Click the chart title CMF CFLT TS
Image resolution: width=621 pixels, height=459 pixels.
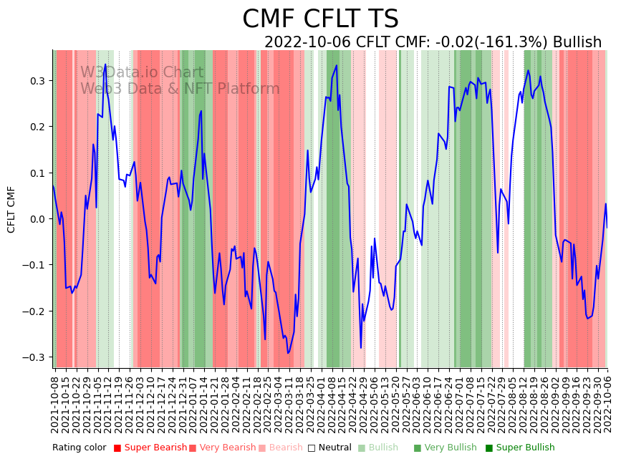(x=320, y=19)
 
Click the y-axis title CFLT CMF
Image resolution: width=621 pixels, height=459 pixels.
(x=11, y=209)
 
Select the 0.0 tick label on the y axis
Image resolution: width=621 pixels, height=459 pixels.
(x=36, y=219)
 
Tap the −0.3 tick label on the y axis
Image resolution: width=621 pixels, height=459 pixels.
(x=33, y=357)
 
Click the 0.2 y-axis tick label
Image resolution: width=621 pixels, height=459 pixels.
(x=36, y=127)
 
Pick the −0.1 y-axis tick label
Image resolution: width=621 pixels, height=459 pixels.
(x=33, y=265)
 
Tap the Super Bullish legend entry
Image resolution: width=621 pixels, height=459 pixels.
(x=521, y=448)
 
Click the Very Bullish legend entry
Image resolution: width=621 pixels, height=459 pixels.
(x=441, y=448)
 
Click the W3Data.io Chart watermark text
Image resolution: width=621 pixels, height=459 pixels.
(x=142, y=72)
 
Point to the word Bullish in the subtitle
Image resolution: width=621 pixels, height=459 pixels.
(x=577, y=42)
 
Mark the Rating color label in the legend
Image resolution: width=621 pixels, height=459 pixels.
(x=79, y=448)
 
